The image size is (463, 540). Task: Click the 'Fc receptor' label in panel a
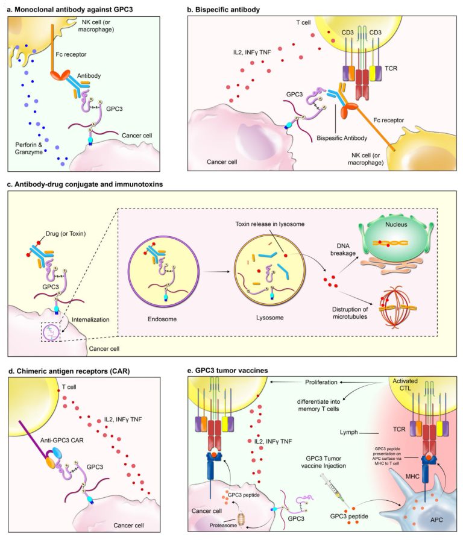71,54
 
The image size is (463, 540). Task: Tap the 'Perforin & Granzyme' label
28,148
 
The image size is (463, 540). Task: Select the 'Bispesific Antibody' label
342,138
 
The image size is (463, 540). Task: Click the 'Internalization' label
90,319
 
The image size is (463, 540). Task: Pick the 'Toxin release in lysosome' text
269,224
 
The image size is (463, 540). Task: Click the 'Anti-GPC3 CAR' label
62,440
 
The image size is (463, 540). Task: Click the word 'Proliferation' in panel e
321,382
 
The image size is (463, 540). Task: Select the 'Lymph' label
348,433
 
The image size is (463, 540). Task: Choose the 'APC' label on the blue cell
436,520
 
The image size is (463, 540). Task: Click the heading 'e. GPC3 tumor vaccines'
227,371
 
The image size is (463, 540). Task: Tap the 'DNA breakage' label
343,250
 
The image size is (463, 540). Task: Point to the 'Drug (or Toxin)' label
66,234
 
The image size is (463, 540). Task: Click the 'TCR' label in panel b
391,69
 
